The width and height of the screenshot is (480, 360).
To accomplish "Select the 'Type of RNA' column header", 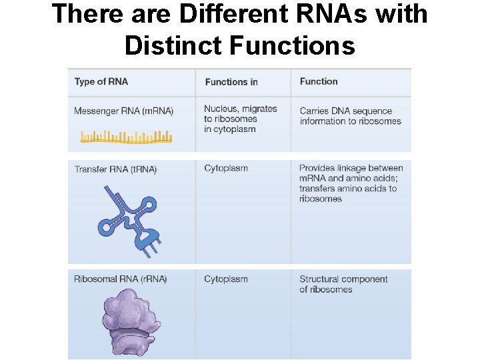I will pyautogui.click(x=101, y=81).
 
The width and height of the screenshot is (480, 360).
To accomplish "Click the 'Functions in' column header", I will pyautogui.click(x=231, y=82).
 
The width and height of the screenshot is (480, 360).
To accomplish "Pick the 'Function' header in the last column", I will pyautogui.click(x=319, y=81).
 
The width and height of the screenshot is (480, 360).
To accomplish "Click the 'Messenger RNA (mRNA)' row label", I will pyautogui.click(x=123, y=111).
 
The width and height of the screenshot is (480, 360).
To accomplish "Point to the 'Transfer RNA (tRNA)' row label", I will pyautogui.click(x=115, y=169).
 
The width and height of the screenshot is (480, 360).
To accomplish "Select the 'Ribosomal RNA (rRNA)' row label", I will pyautogui.click(x=121, y=279).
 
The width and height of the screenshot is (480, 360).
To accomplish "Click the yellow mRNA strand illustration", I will pyautogui.click(x=126, y=137).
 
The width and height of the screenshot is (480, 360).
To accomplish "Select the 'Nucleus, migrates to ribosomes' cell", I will pyautogui.click(x=240, y=119).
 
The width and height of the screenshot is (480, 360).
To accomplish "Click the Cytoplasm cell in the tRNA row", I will pyautogui.click(x=226, y=168).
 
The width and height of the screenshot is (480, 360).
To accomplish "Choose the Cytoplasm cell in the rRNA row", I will pyautogui.click(x=226, y=279).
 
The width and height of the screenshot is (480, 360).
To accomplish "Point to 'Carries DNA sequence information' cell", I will pyautogui.click(x=350, y=116).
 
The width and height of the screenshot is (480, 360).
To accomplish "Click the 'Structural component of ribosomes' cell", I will pyautogui.click(x=343, y=284).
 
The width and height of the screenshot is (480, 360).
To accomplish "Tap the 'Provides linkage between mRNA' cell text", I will pyautogui.click(x=351, y=183).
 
